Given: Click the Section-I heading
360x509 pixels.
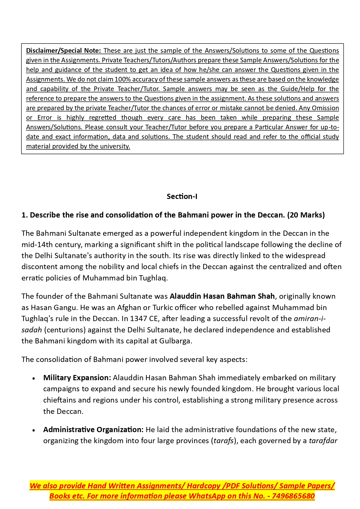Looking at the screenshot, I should (182, 196).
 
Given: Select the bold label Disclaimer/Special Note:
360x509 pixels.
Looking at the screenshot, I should (63, 50).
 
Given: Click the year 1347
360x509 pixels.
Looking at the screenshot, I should (139, 318).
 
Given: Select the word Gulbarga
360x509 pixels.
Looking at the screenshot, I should (175, 341).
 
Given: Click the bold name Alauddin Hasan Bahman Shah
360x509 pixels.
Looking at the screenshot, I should (222, 296).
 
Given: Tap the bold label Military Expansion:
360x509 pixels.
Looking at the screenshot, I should (77, 378).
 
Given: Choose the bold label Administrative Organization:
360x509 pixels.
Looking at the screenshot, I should (93, 430).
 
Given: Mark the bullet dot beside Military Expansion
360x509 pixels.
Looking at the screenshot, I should (34, 378).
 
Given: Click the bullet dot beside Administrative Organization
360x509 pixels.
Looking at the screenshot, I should (34, 430).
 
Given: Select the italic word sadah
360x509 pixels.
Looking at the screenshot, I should (32, 330).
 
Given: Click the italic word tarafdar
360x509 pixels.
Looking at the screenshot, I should (323, 441).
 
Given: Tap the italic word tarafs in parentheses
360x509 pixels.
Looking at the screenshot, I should (224, 441).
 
